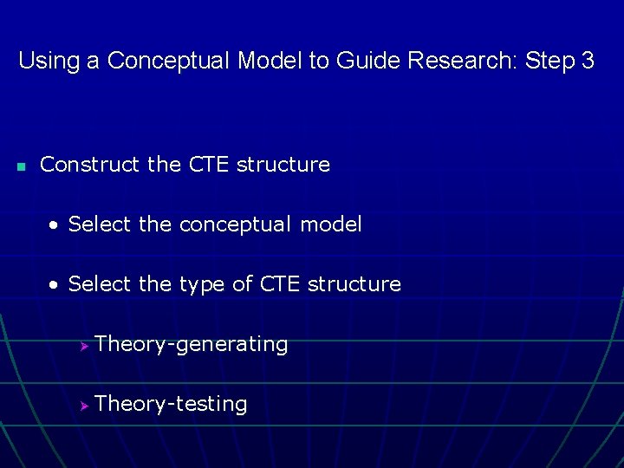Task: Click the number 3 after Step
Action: click(x=588, y=62)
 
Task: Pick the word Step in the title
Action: click(x=554, y=62)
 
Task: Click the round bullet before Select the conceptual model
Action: click(x=54, y=225)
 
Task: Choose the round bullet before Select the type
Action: click(x=54, y=285)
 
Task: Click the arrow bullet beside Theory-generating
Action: click(x=84, y=346)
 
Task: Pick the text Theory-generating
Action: click(x=192, y=345)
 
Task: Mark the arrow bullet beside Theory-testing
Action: click(x=84, y=406)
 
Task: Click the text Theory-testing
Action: click(x=172, y=405)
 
